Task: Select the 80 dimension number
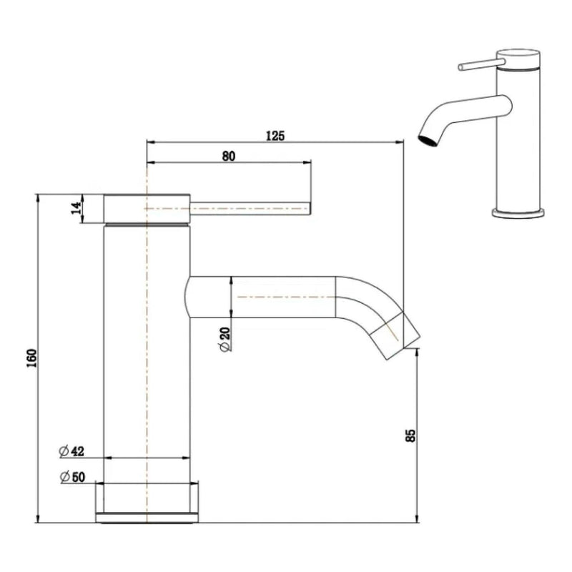click(x=229, y=155)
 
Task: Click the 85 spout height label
click(x=410, y=436)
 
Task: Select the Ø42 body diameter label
click(x=72, y=451)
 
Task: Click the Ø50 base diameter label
click(x=72, y=476)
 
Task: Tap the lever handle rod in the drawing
click(x=250, y=208)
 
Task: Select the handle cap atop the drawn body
click(x=147, y=208)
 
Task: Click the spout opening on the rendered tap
click(x=426, y=138)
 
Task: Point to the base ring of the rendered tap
click(x=518, y=212)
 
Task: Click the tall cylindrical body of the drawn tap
click(x=147, y=357)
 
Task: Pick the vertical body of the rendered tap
click(x=519, y=143)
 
